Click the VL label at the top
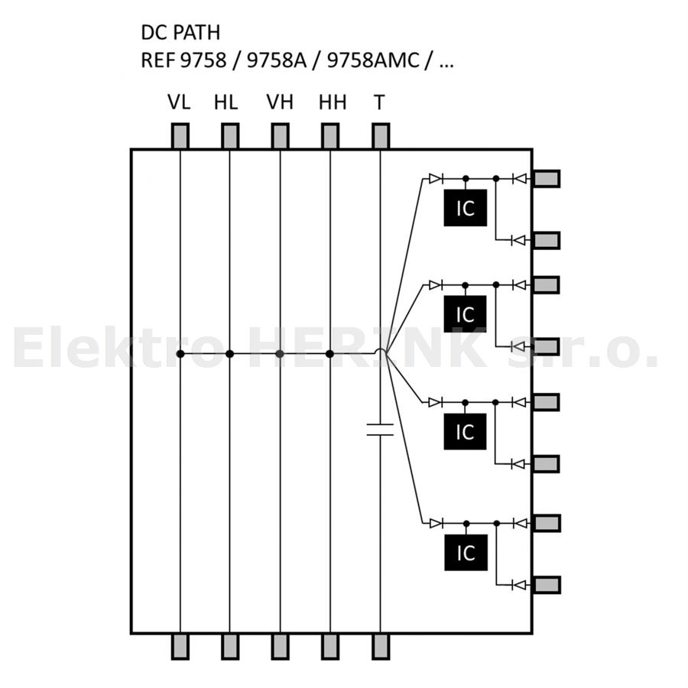click(179, 102)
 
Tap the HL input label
click(226, 102)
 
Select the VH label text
click(280, 102)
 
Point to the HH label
click(333, 102)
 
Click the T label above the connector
click(379, 102)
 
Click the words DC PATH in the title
click(180, 32)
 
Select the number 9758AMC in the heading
click(373, 60)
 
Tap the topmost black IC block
click(465, 208)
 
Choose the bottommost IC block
click(466, 553)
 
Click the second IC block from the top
click(465, 314)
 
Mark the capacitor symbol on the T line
click(380, 430)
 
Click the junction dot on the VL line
click(180, 354)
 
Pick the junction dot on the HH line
click(330, 354)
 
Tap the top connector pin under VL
click(180, 136)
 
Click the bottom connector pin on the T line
click(381, 647)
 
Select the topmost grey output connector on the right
click(547, 179)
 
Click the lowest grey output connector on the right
click(547, 585)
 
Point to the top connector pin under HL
click(230, 136)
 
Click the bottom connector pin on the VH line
click(281, 647)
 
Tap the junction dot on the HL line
click(229, 354)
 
